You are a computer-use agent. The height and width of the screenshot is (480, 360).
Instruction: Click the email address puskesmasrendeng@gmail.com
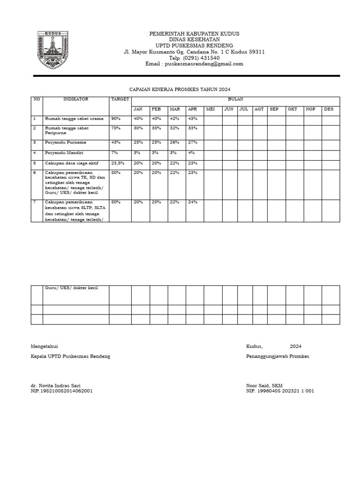pyautogui.click(x=194, y=64)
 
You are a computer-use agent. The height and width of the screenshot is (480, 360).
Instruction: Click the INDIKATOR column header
pyautogui.click(x=76, y=99)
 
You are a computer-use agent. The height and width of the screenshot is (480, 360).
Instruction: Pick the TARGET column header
pyautogui.click(x=120, y=99)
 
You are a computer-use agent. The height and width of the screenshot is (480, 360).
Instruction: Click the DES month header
pyautogui.click(x=329, y=109)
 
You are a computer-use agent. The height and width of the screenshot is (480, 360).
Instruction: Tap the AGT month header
pyautogui.click(x=259, y=109)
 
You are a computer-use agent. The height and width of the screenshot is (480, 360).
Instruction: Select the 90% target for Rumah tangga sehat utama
pyautogui.click(x=116, y=119)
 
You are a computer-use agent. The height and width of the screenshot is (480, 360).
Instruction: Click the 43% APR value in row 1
pyautogui.click(x=193, y=119)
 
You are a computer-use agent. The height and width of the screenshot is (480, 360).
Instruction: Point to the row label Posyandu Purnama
pyautogui.click(x=66, y=142)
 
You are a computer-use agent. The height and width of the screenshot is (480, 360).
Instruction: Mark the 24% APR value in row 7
pyautogui.click(x=193, y=202)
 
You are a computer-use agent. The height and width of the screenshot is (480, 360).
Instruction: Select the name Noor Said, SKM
pyautogui.click(x=264, y=385)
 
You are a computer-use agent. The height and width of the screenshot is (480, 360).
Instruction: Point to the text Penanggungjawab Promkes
pyautogui.click(x=277, y=357)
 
